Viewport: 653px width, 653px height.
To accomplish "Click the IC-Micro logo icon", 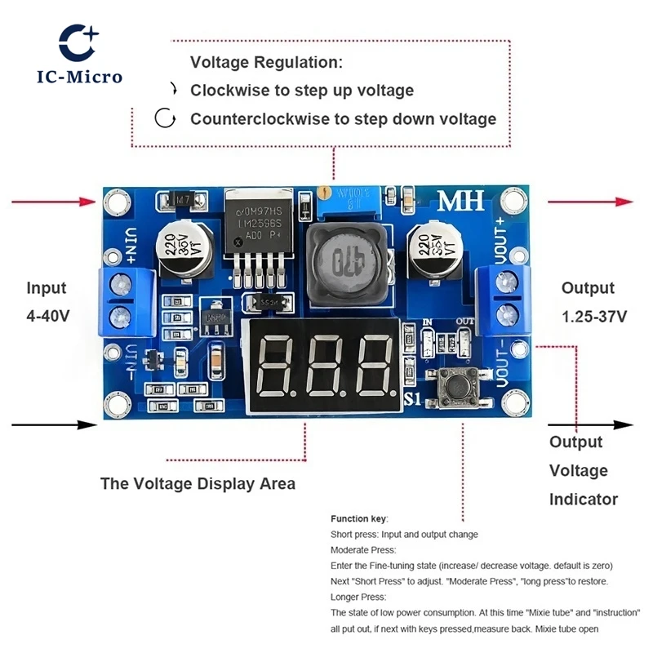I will point(79,42).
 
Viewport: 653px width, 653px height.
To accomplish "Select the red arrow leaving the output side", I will point(589,202).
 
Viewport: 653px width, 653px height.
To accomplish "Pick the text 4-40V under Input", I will point(47,316).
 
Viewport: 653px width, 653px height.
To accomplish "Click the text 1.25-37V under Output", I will point(593,316).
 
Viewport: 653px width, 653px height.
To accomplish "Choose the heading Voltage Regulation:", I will point(266,62).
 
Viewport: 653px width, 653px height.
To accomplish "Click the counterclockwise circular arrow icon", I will point(167,119).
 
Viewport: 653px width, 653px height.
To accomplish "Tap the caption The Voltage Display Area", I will point(198,483).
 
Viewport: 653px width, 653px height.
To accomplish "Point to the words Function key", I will point(358,519).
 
